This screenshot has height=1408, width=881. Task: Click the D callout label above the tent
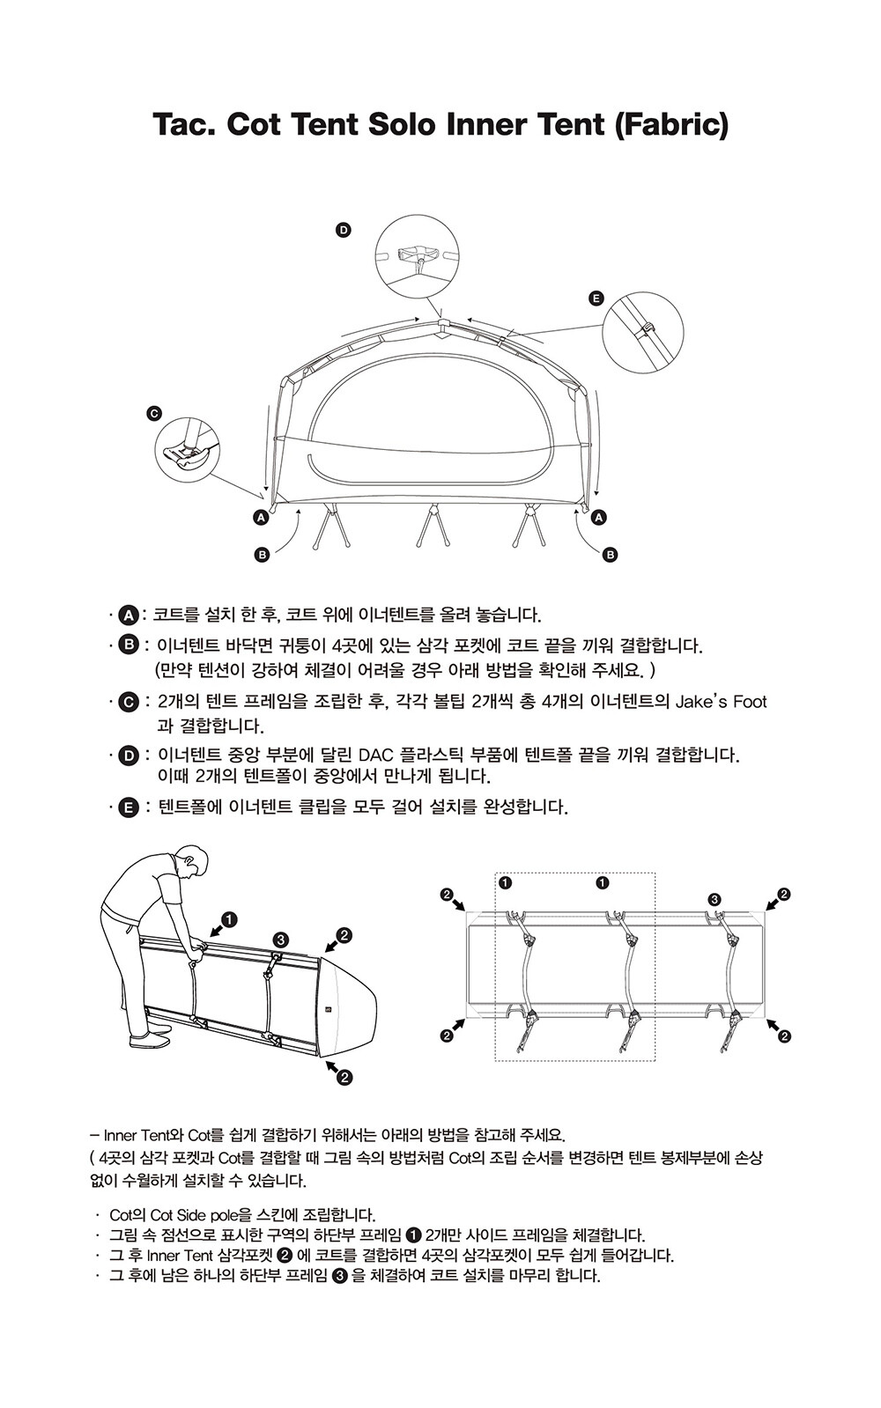click(x=344, y=231)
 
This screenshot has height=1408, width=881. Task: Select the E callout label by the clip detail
click(x=596, y=299)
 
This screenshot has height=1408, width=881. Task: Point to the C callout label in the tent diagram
click(x=153, y=414)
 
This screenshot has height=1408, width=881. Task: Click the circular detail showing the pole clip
click(x=642, y=332)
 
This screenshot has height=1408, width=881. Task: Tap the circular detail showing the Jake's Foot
click(x=187, y=450)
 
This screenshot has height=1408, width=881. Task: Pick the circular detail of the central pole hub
click(x=417, y=256)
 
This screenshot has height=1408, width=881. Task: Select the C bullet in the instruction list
click(x=129, y=702)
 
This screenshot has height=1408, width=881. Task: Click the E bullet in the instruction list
click(x=129, y=807)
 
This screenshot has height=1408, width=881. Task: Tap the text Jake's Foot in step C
click(x=721, y=701)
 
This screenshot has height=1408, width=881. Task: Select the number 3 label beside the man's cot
click(x=280, y=940)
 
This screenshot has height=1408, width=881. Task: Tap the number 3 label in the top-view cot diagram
click(x=714, y=899)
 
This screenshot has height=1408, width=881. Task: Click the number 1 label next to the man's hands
click(x=230, y=919)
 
